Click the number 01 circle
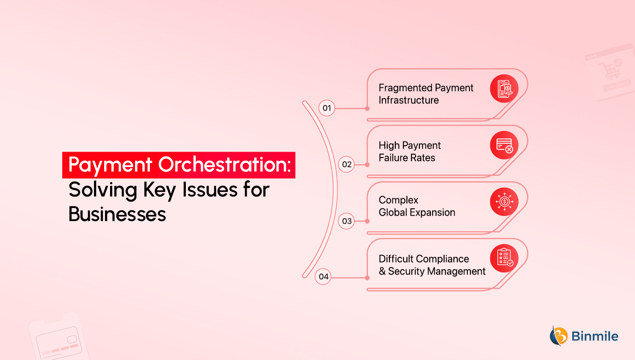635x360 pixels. [327, 108]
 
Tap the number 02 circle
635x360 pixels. [346, 164]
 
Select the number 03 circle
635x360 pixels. [346, 221]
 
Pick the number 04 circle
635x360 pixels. [323, 277]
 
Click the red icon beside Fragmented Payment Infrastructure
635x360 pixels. [504, 89]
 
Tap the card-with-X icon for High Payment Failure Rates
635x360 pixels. [504, 145]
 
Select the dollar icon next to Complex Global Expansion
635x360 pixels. [504, 202]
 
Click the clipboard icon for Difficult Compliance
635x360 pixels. [504, 258]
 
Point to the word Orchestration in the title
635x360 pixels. [224, 164]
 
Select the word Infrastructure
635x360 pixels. [409, 100]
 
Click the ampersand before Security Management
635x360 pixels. [382, 271]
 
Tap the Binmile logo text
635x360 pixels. [595, 336]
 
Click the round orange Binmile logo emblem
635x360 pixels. [559, 336]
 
